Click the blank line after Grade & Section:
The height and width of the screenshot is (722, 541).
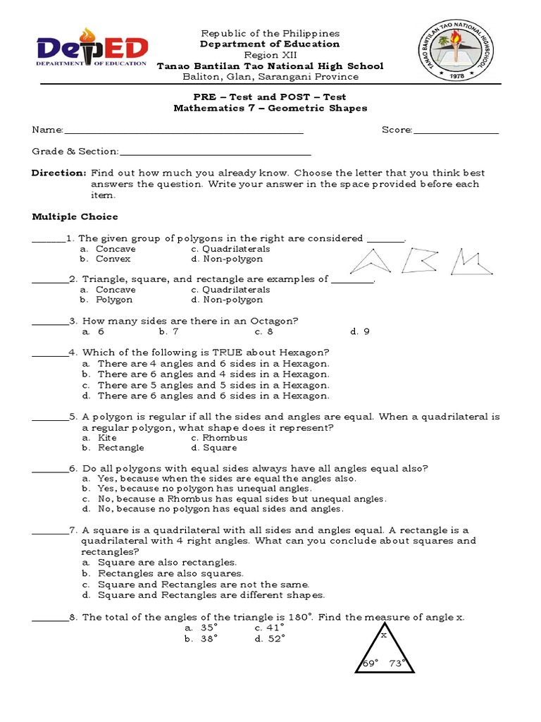215,152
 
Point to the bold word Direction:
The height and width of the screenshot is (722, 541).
59,173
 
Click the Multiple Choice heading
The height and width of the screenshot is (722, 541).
75,216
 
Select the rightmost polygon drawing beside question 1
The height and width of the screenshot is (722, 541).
468,260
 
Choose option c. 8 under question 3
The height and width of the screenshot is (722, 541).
264,331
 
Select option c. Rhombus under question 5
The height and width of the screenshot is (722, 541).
219,437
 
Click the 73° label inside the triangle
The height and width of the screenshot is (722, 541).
399,663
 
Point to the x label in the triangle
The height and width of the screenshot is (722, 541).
384,635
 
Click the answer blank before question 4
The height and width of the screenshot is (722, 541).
49,353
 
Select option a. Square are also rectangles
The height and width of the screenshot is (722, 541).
159,562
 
